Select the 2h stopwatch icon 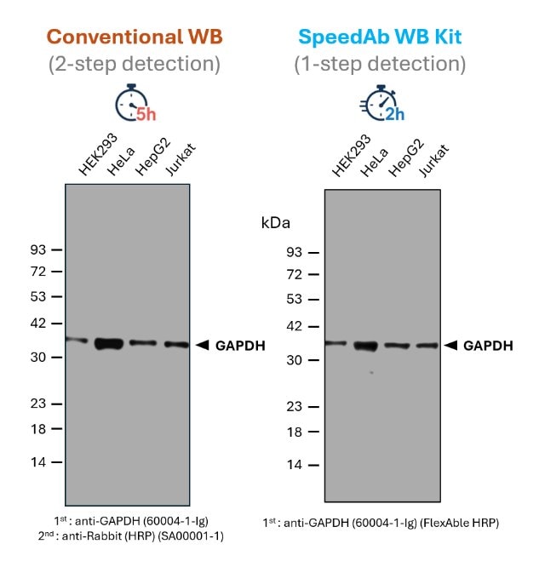point(381,106)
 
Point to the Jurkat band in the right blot point(427,346)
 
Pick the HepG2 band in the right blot point(397,346)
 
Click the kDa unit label point(276,223)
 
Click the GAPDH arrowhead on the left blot point(202,345)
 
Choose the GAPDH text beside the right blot point(488,346)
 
